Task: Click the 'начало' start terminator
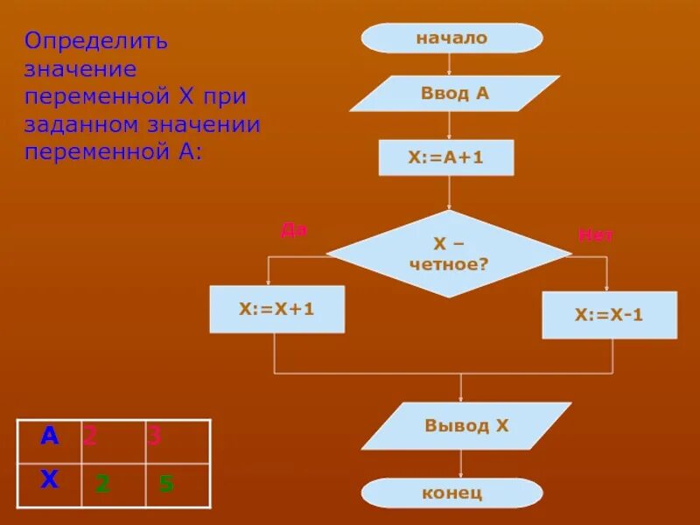pyautogui.click(x=451, y=38)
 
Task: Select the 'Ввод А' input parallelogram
pyautogui.click(x=454, y=94)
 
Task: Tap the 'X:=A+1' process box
pyautogui.click(x=446, y=158)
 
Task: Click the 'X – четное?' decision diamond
pyautogui.click(x=449, y=254)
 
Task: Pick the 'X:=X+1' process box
pyautogui.click(x=276, y=309)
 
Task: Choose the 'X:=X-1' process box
pyautogui.click(x=609, y=315)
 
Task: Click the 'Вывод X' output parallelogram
pyautogui.click(x=466, y=426)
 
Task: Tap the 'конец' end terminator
pyautogui.click(x=451, y=493)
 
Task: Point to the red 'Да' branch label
pyautogui.click(x=293, y=230)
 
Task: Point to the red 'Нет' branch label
pyautogui.click(x=595, y=234)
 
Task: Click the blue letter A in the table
pyautogui.click(x=49, y=436)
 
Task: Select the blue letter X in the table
pyautogui.click(x=49, y=479)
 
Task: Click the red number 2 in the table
pyautogui.click(x=89, y=436)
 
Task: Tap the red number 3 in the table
pyautogui.click(x=155, y=436)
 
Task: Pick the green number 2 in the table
pyautogui.click(x=101, y=483)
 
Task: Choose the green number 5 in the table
pyautogui.click(x=166, y=483)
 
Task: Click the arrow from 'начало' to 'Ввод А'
pyautogui.click(x=449, y=65)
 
